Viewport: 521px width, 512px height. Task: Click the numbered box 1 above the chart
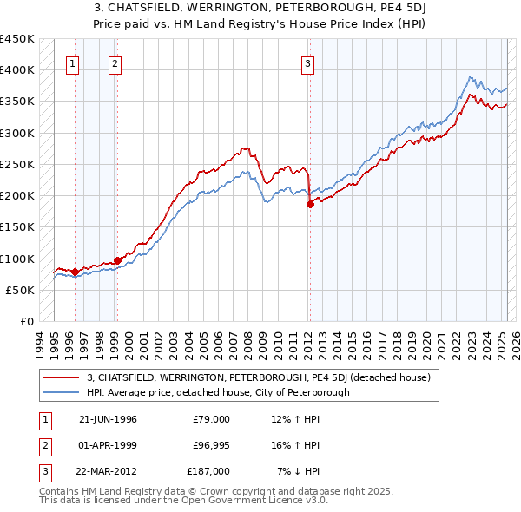72,62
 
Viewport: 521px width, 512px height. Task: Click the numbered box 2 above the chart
115,62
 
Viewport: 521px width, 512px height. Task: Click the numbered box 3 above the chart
307,62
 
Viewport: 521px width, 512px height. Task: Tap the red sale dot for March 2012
310,205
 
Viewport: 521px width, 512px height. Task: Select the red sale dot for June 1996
75,272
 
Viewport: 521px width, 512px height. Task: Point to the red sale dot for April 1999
117,260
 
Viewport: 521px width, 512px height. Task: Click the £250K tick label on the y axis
17,164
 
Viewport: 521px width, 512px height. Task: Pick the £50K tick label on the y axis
21,290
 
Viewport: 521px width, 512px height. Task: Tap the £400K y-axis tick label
17,70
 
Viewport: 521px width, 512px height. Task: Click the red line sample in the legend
62,377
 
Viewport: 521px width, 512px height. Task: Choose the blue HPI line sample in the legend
62,392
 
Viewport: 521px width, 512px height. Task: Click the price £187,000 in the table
208,471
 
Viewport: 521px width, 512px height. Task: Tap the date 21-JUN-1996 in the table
108,419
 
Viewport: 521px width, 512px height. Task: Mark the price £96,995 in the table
211,445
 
